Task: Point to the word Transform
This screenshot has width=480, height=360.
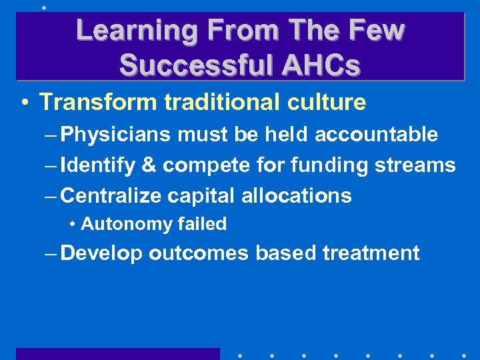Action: click(98, 102)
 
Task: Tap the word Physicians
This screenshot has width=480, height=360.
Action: click(116, 135)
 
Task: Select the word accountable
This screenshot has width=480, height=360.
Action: click(376, 135)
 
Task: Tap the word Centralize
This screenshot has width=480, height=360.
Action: click(112, 195)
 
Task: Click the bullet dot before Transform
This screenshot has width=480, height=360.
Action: click(24, 103)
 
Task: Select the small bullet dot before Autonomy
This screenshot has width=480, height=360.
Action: click(72, 225)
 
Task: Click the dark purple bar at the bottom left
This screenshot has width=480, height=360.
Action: click(117, 353)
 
